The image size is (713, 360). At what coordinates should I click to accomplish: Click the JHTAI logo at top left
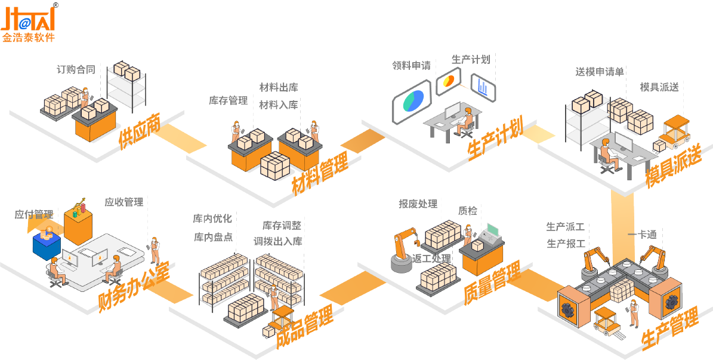click(x=29, y=22)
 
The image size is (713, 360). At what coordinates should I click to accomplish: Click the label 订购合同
click(x=76, y=69)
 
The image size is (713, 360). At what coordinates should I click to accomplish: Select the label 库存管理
click(x=228, y=100)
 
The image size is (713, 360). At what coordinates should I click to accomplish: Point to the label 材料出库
click(x=279, y=87)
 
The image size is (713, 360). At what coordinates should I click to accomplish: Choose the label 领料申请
click(x=411, y=66)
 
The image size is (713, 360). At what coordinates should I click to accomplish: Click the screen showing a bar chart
click(x=483, y=87)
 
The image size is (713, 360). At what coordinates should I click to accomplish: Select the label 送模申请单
click(x=600, y=72)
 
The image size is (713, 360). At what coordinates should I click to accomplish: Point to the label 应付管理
click(x=34, y=214)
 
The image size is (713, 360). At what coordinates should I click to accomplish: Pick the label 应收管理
click(x=124, y=202)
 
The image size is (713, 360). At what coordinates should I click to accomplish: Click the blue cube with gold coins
click(x=47, y=245)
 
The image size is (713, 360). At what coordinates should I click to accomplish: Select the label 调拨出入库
click(x=278, y=241)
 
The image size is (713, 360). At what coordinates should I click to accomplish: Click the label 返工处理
click(x=431, y=259)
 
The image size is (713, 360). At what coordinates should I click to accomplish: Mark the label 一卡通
click(x=642, y=235)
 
